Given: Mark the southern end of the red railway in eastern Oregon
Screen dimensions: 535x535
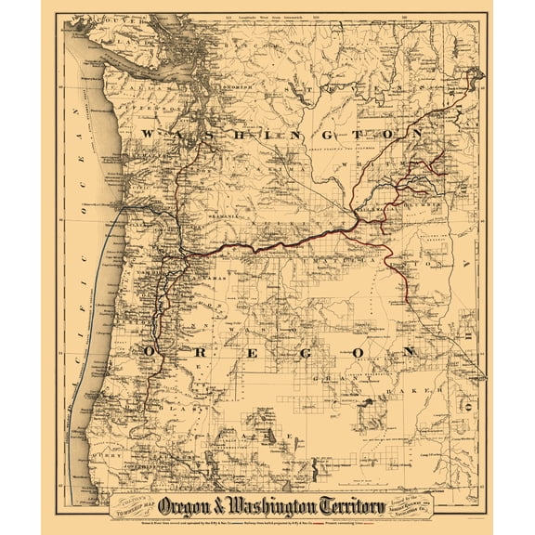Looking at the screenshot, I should click(412, 303).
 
